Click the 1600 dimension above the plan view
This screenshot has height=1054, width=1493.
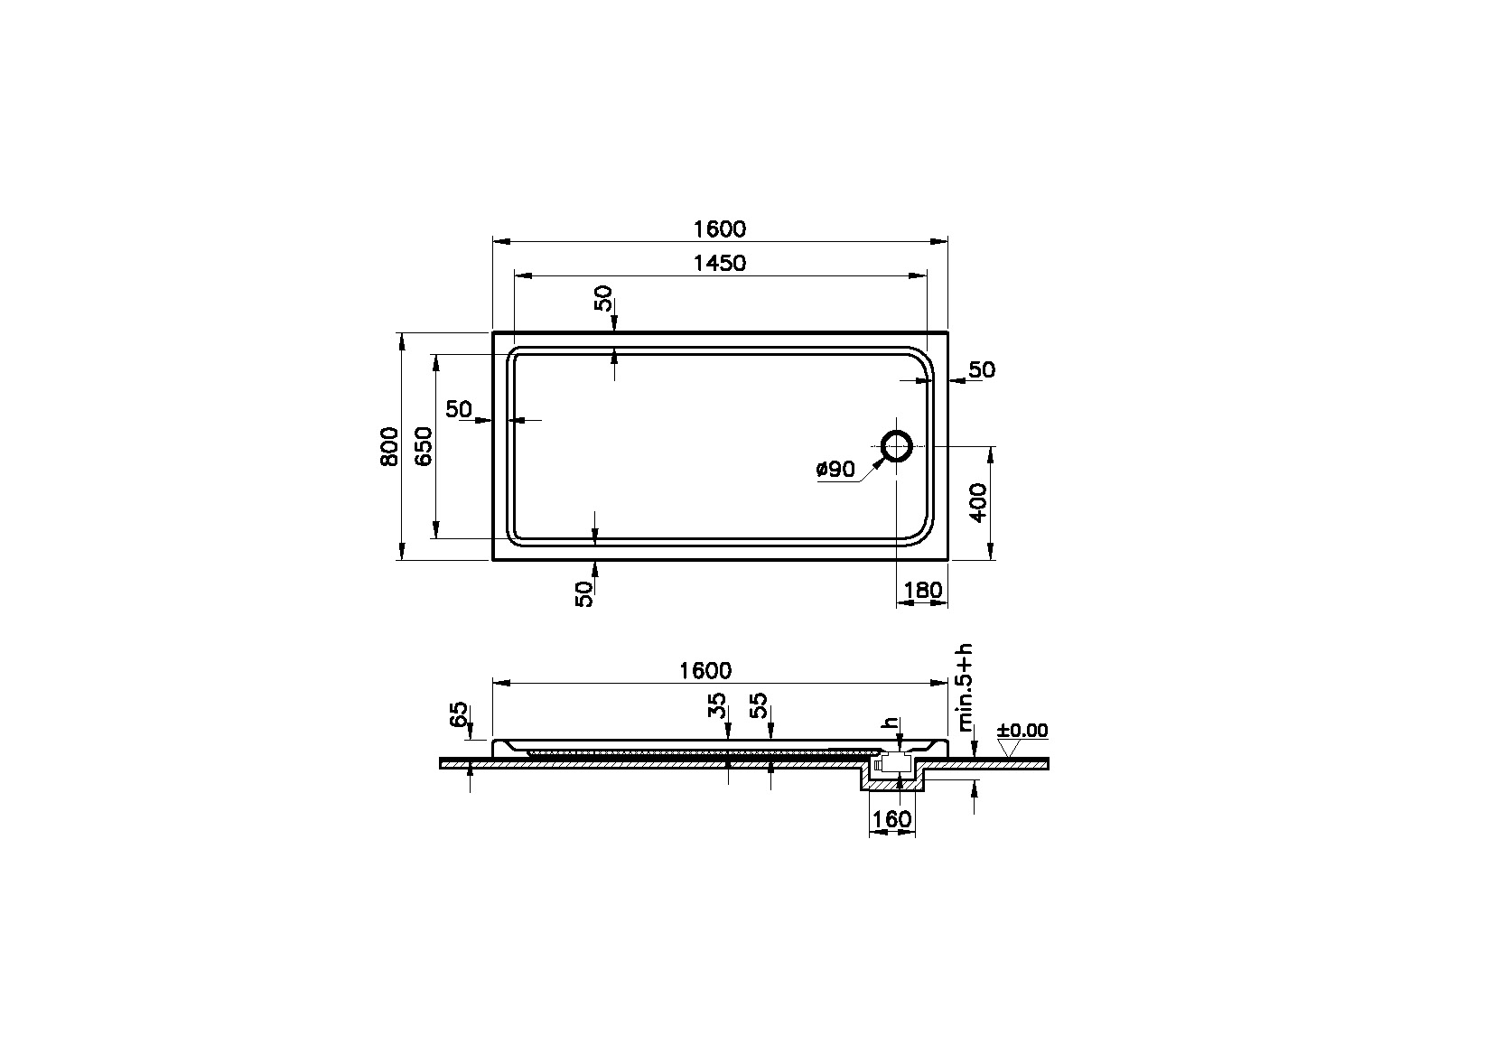pyautogui.click(x=720, y=229)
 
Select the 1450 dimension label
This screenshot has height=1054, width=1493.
pyautogui.click(x=720, y=263)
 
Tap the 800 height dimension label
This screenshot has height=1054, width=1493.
pyautogui.click(x=389, y=445)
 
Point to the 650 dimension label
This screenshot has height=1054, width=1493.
pyautogui.click(x=423, y=445)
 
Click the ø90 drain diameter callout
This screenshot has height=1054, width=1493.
pyautogui.click(x=835, y=470)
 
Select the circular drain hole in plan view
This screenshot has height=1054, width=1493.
pyautogui.click(x=897, y=446)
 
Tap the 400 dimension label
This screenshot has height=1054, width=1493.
pyautogui.click(x=980, y=503)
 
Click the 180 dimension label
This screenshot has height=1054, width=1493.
pyautogui.click(x=922, y=591)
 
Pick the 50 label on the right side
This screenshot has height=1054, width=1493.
pyautogui.click(x=981, y=369)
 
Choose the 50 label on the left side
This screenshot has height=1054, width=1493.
pyautogui.click(x=459, y=409)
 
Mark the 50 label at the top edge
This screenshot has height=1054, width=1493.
pyautogui.click(x=604, y=298)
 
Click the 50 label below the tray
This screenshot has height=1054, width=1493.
pyautogui.click(x=585, y=592)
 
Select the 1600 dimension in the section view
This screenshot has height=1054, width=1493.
pyautogui.click(x=705, y=670)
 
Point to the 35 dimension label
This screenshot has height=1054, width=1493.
pyautogui.click(x=717, y=705)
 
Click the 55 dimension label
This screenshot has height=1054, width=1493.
pyautogui.click(x=759, y=705)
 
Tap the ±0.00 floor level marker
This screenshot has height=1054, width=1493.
pyautogui.click(x=1022, y=731)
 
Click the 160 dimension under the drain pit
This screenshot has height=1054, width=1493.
pyautogui.click(x=891, y=819)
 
